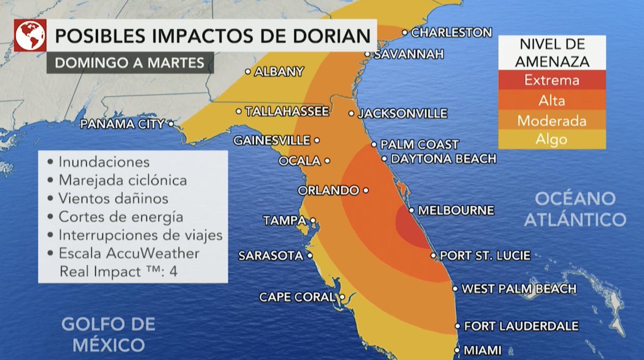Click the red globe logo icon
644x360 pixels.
[30, 35]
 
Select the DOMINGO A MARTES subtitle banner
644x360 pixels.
[129, 63]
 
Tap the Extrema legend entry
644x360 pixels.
[552, 80]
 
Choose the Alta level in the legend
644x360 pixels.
[552, 100]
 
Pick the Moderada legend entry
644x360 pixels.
[552, 121]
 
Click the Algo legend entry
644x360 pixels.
[552, 139]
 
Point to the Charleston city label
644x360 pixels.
[451, 33]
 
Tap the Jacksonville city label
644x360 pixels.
[402, 114]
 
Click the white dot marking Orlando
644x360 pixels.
[365, 190]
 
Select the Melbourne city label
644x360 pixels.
[456, 210]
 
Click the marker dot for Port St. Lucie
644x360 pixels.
[433, 256]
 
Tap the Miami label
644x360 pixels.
[482, 351]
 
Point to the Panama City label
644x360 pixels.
[122, 124]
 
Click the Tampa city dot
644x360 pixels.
[312, 220]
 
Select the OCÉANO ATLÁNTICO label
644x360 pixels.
[575, 209]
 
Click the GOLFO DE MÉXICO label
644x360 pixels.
[108, 334]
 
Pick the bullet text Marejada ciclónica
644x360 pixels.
[122, 180]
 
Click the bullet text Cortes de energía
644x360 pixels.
[121, 217]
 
